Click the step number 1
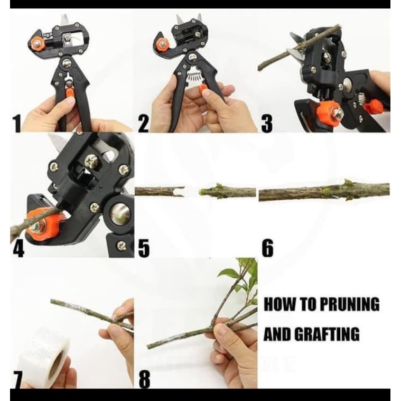point(16,124)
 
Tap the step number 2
point(144,124)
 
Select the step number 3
point(267,124)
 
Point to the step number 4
point(18,249)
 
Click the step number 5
point(144,249)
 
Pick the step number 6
point(267,249)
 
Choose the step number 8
point(144,379)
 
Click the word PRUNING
point(349,304)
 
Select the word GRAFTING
point(327,333)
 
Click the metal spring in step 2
point(195,77)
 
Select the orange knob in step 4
point(42,225)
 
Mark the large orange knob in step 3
point(329,111)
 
